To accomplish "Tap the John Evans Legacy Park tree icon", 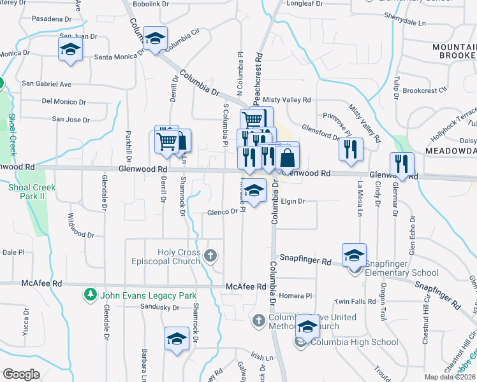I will point(91,295).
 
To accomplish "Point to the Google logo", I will point(21,374).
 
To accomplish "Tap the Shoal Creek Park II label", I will point(32,192).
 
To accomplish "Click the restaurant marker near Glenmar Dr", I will point(402,164).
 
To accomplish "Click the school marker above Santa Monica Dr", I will point(155,39).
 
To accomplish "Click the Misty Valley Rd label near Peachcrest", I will point(287,100).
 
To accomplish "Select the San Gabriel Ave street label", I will point(47,83).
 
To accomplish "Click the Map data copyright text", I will point(451,377).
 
